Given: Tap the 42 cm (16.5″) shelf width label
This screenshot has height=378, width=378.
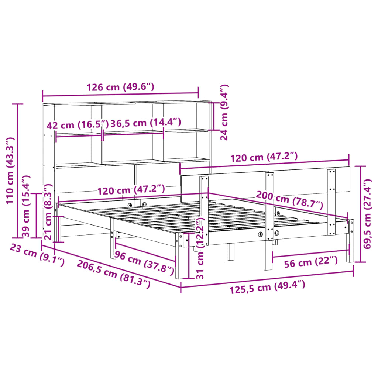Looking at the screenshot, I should (77, 125).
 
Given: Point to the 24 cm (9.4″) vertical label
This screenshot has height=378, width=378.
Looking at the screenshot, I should (224, 112).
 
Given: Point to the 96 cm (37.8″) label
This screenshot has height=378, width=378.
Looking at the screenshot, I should (144, 263).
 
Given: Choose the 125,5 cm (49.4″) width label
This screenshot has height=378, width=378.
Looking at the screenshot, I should (267, 286).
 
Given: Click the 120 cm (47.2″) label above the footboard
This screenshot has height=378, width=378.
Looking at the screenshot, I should (264, 158).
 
